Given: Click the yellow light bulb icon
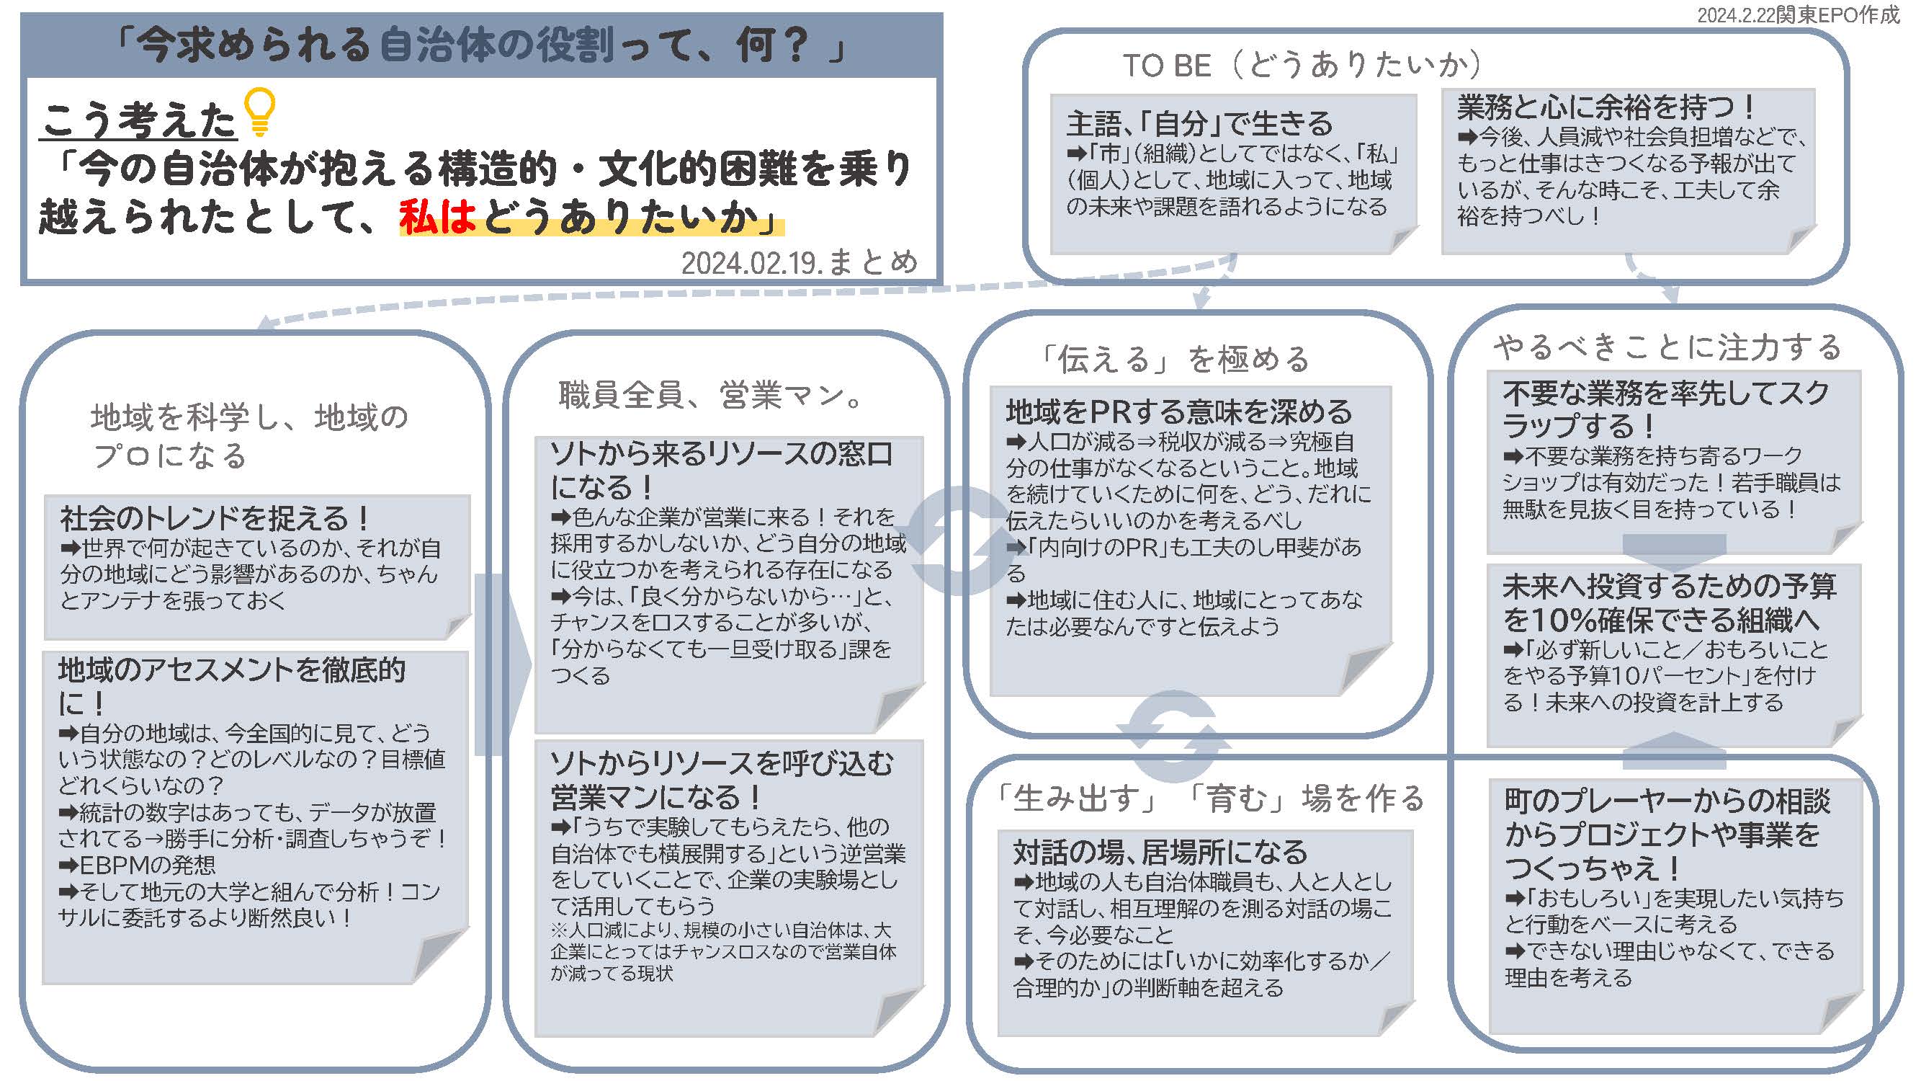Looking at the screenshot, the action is (260, 112).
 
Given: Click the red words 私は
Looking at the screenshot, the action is (438, 217).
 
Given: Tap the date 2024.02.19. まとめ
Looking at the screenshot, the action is (800, 262).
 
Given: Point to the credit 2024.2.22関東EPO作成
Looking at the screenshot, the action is (1798, 14).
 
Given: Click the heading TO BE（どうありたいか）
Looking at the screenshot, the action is (1302, 65).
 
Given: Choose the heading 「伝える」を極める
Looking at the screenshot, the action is (1176, 359).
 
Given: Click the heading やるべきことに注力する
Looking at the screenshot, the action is (1667, 347).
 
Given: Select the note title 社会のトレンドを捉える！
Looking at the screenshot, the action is (215, 517).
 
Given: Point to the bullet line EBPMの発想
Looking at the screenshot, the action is (137, 865).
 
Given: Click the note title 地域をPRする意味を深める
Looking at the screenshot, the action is (1179, 411).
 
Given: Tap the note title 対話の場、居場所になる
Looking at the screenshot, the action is (1160, 851).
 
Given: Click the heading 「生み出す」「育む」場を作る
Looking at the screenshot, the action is (1211, 798).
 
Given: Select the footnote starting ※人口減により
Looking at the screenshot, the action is (723, 951).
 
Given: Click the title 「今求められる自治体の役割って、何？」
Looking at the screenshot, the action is (482, 45).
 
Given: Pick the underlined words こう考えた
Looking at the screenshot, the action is (139, 120).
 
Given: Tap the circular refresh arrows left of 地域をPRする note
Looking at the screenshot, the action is (958, 541).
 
